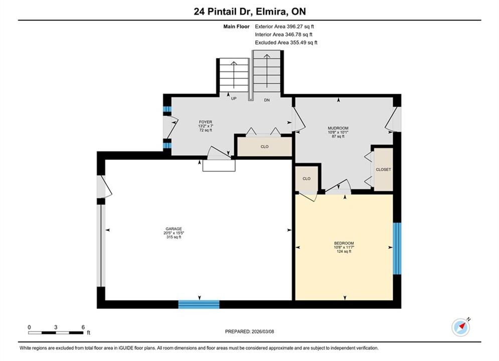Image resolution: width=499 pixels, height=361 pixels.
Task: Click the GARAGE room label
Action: tap(174, 229)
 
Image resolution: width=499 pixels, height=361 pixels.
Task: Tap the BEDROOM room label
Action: tap(344, 243)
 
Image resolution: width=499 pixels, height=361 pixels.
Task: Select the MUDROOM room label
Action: tap(338, 128)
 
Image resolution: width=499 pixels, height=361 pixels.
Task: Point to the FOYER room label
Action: tap(206, 122)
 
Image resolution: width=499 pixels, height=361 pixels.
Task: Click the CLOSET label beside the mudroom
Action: tap(383, 169)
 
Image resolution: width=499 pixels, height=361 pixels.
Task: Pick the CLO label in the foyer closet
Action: tap(264, 146)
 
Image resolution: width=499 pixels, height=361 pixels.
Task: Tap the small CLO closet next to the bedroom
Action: tap(306, 179)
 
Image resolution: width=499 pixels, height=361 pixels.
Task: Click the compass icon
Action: tap(460, 327)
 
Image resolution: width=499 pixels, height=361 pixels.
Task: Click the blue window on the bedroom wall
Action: tap(397, 248)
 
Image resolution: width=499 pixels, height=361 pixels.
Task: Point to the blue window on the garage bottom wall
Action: tap(199, 304)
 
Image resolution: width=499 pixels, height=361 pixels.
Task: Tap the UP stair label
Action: tap(234, 99)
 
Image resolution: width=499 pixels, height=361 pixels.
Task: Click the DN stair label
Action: tap(267, 100)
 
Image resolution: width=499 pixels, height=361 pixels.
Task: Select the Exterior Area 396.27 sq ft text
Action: tap(284, 27)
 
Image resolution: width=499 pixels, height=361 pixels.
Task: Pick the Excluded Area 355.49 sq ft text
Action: tap(286, 43)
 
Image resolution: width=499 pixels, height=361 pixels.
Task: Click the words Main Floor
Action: tap(236, 27)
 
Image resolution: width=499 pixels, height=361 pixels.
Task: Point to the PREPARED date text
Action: tap(250, 331)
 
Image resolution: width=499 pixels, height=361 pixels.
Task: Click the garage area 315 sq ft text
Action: tap(174, 237)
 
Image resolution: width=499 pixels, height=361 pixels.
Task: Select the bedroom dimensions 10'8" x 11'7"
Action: tap(344, 248)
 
